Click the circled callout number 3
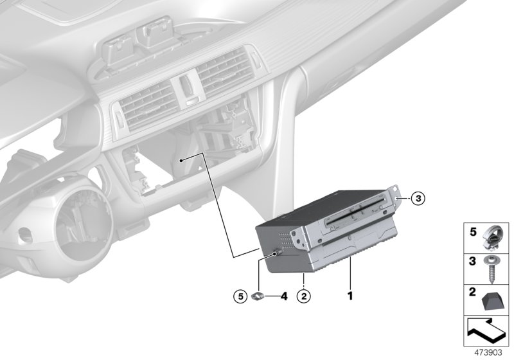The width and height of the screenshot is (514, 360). point(417,199)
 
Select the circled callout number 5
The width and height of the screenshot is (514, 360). point(240,296)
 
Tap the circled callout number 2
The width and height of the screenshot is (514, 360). point(303,296)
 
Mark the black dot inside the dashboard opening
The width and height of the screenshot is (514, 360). point(182,159)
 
